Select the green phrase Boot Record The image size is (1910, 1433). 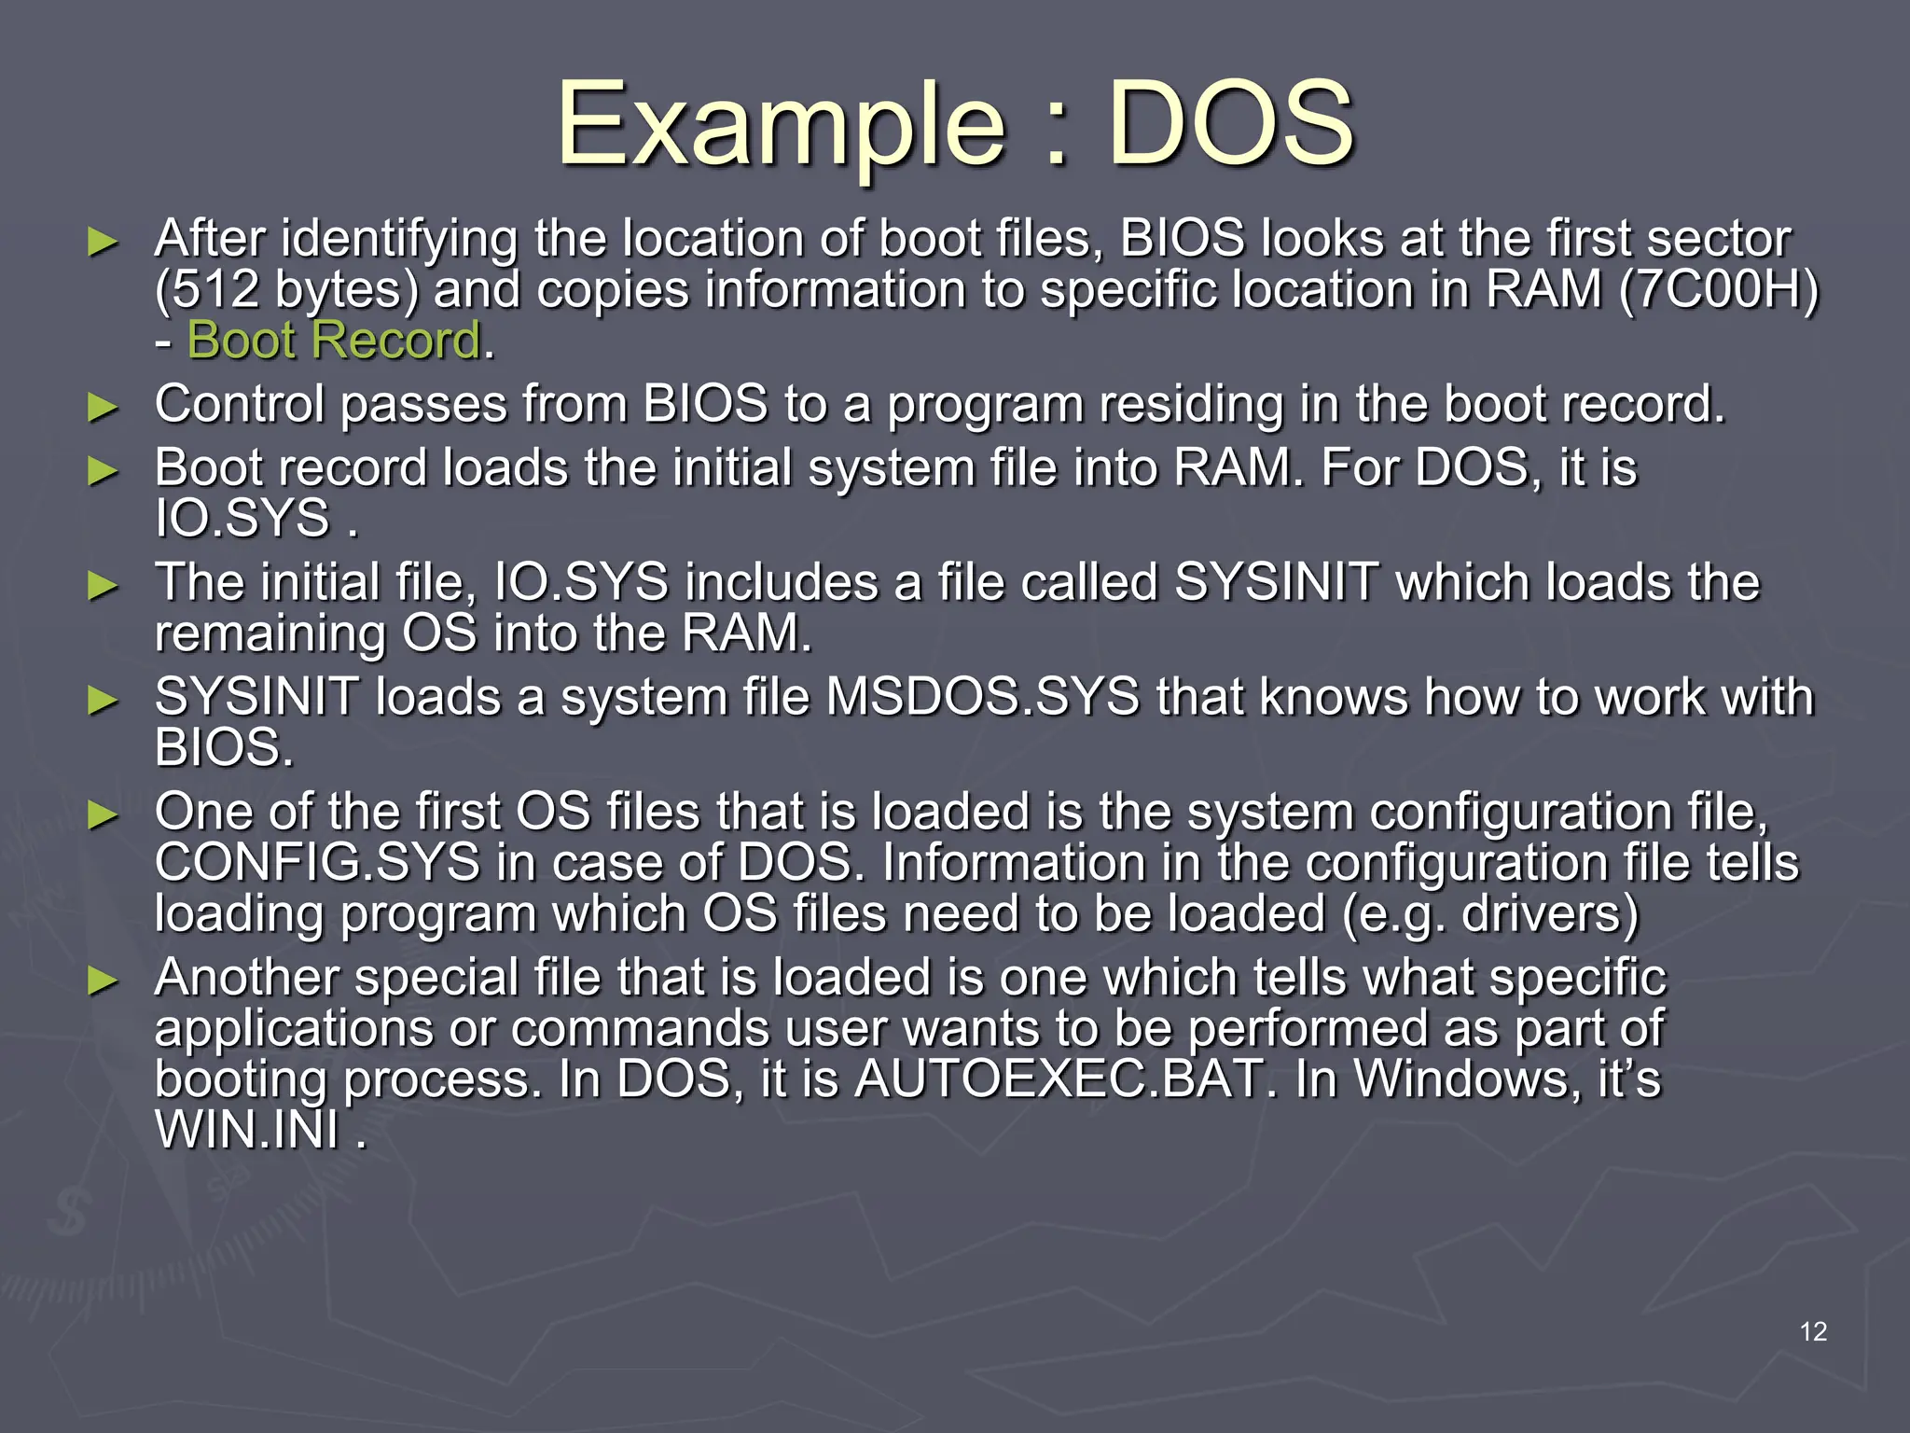pos(334,340)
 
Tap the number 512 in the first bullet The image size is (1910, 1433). pos(216,289)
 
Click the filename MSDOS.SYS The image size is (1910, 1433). pos(983,697)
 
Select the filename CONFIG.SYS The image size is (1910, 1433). pos(317,862)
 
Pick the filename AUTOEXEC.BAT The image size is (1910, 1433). pos(1058,1079)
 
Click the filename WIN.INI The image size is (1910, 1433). pos(247,1130)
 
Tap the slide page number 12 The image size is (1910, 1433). pos(1813,1331)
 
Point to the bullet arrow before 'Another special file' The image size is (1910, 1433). pos(103,981)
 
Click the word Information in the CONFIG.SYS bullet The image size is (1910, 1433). pos(1013,862)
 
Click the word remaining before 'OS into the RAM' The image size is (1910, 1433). pos(270,633)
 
